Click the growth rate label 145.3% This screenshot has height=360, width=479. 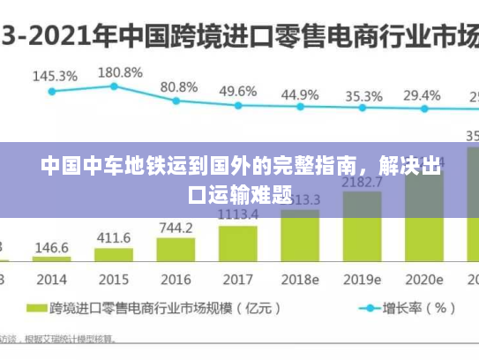coord(55,76)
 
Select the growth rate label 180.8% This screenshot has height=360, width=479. coord(119,71)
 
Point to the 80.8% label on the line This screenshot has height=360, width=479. coord(179,87)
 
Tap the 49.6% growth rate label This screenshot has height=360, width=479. coord(238,91)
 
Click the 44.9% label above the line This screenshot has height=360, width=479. coord(300,94)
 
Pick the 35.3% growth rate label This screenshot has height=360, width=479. coord(363,96)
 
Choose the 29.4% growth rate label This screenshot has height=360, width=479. coord(422,95)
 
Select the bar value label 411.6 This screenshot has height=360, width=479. coord(114,238)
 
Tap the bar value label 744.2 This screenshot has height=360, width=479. coord(176,228)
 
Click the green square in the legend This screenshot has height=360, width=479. coord(36,309)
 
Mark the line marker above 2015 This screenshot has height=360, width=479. coord(114,86)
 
